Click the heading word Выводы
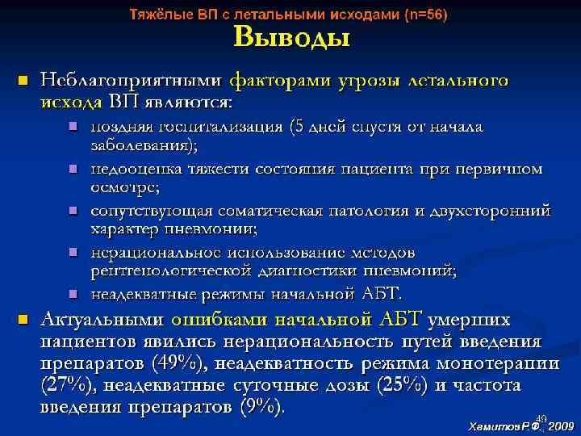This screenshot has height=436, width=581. [x=291, y=39]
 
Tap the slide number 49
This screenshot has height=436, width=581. [x=541, y=417]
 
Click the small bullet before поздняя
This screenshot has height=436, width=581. [x=73, y=126]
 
